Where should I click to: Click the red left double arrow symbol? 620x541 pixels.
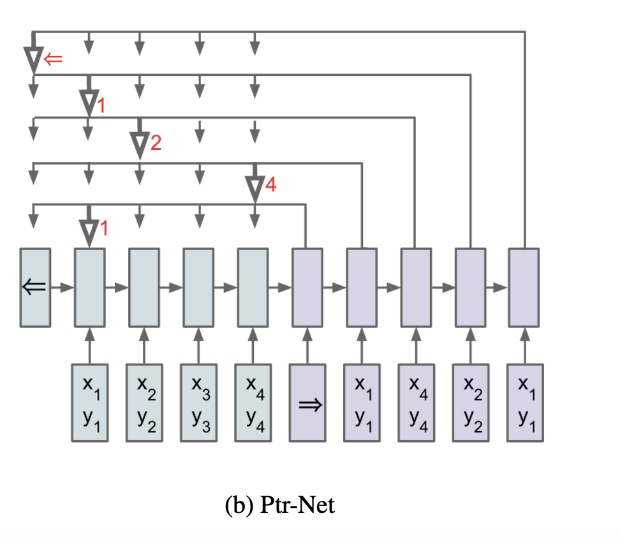coord(53,59)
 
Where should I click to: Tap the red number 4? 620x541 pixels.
coord(271,186)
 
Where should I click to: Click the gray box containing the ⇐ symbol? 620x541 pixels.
coord(35,287)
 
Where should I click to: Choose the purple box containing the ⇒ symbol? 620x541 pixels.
coord(307,402)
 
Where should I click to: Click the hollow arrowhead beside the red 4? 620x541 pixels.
coord(255,188)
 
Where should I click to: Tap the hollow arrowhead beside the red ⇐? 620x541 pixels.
coord(33,60)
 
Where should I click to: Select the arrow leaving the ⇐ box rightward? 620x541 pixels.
coord(63,288)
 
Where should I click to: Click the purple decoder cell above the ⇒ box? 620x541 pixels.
coord(307,287)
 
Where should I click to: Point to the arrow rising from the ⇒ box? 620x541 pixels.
coord(307,345)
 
